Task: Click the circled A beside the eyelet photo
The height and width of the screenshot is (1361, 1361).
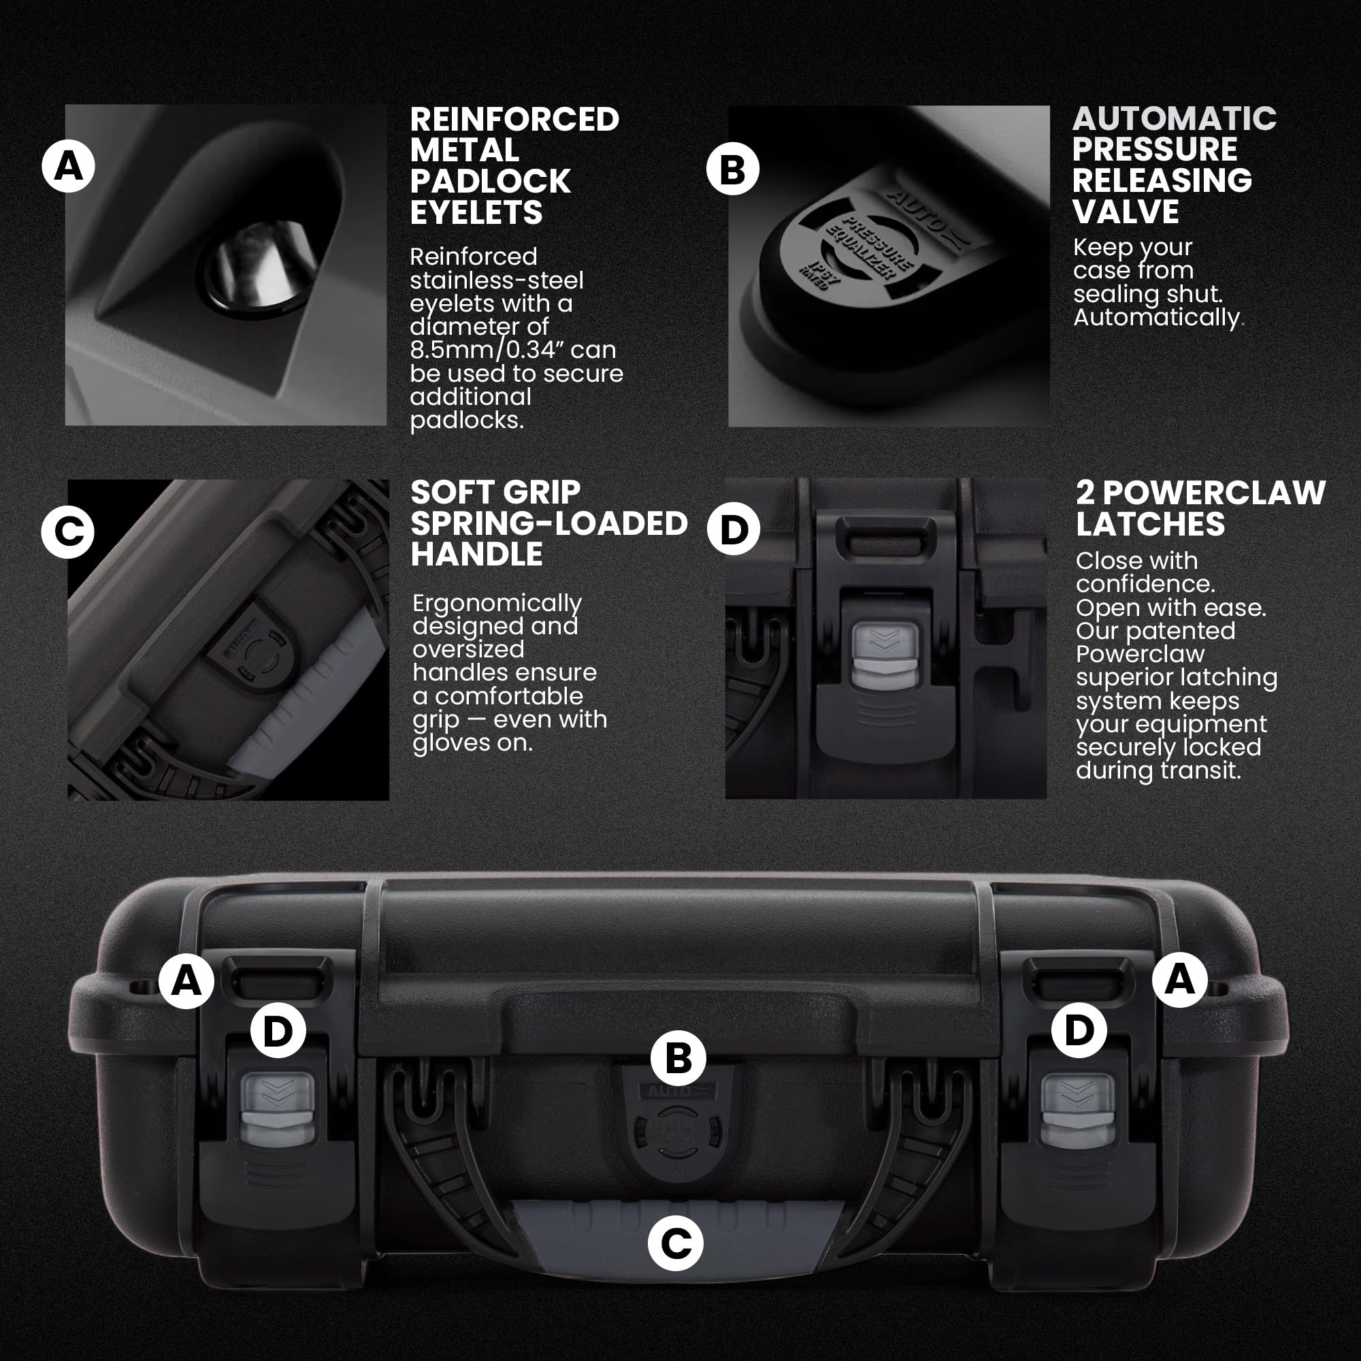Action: click(x=68, y=166)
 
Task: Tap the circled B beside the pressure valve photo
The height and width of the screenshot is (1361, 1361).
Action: click(x=733, y=169)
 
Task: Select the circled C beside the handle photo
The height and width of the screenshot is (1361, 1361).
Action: click(x=67, y=532)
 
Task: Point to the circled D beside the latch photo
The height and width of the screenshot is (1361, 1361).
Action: click(x=734, y=529)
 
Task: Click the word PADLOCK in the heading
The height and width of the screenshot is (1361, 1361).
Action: click(x=489, y=182)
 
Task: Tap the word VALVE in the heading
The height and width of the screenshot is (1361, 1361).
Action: click(x=1125, y=212)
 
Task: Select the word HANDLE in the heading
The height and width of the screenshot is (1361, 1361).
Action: click(x=476, y=555)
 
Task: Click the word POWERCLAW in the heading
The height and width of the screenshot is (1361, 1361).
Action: click(x=1213, y=493)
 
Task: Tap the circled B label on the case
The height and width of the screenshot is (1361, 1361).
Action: click(x=678, y=1058)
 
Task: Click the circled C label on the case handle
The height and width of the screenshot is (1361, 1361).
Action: click(x=675, y=1243)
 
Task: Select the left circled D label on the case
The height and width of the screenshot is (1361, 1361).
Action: click(x=278, y=1030)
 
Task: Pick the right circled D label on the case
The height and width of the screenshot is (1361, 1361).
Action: click(x=1079, y=1030)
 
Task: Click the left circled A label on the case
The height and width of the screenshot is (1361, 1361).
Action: click(x=186, y=981)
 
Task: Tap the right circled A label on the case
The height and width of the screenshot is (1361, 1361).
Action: click(x=1179, y=979)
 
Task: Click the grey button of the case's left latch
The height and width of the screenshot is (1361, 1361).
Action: click(x=278, y=1109)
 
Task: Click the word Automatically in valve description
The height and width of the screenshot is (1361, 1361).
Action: click(x=1155, y=318)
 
